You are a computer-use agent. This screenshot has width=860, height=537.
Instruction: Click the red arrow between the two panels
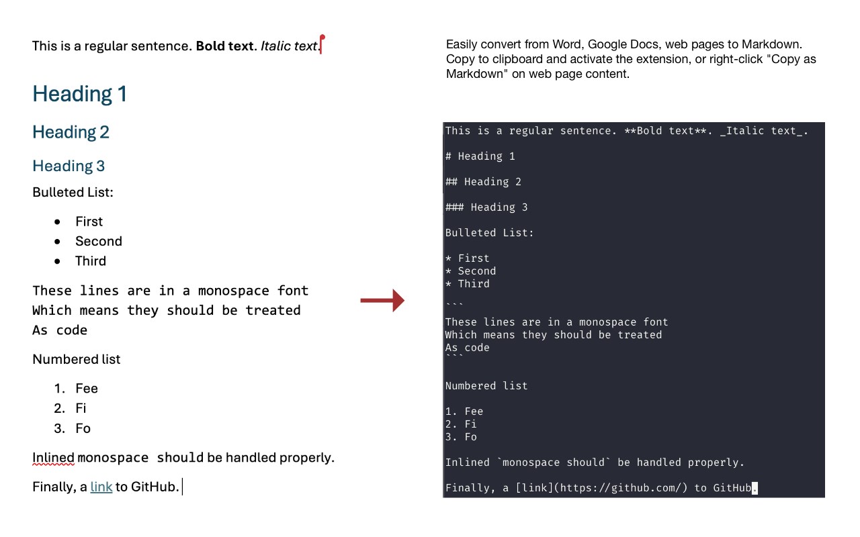coord(382,300)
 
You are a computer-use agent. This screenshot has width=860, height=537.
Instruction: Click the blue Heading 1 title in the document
coord(79,94)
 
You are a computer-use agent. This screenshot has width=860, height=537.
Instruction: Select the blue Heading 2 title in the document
coord(71,132)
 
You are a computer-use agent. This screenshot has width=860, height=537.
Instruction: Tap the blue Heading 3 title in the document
coord(69,166)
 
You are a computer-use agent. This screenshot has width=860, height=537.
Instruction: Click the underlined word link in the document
coord(101,487)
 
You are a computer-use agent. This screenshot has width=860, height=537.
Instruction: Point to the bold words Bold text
coord(224,46)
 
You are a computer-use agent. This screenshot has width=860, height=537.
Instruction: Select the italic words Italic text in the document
coord(289,46)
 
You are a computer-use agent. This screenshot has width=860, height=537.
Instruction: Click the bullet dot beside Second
coord(57,241)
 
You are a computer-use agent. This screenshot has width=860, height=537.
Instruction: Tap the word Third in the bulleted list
coord(91,261)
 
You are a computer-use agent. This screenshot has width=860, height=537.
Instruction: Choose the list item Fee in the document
coord(87,389)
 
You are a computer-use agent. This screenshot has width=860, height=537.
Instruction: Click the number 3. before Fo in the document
coord(59,428)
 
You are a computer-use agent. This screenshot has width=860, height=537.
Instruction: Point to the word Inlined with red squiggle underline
coord(53,458)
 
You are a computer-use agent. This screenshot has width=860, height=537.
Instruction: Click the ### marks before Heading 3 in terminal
coord(455,207)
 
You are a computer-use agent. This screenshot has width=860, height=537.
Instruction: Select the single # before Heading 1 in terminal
coord(448,156)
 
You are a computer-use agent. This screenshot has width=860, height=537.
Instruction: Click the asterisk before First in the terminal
coord(448,258)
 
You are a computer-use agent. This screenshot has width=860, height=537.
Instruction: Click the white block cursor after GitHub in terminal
coord(755,488)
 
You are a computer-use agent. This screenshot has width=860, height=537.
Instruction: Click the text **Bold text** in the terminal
coord(665,131)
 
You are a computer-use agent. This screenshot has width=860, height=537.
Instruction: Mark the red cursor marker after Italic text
coord(322,44)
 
